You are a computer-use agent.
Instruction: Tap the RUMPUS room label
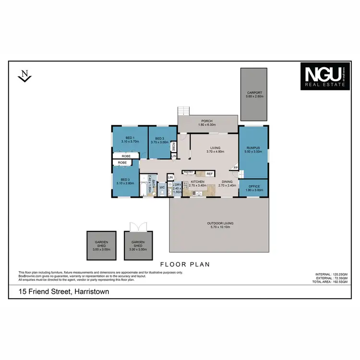[253, 148]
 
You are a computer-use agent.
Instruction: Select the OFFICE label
[253, 187]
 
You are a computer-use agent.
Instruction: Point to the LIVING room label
[215, 148]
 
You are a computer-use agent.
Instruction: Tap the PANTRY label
[188, 172]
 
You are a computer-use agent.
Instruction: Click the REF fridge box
[209, 173]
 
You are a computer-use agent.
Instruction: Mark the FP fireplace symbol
[235, 168]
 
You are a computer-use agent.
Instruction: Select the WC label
[162, 187]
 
